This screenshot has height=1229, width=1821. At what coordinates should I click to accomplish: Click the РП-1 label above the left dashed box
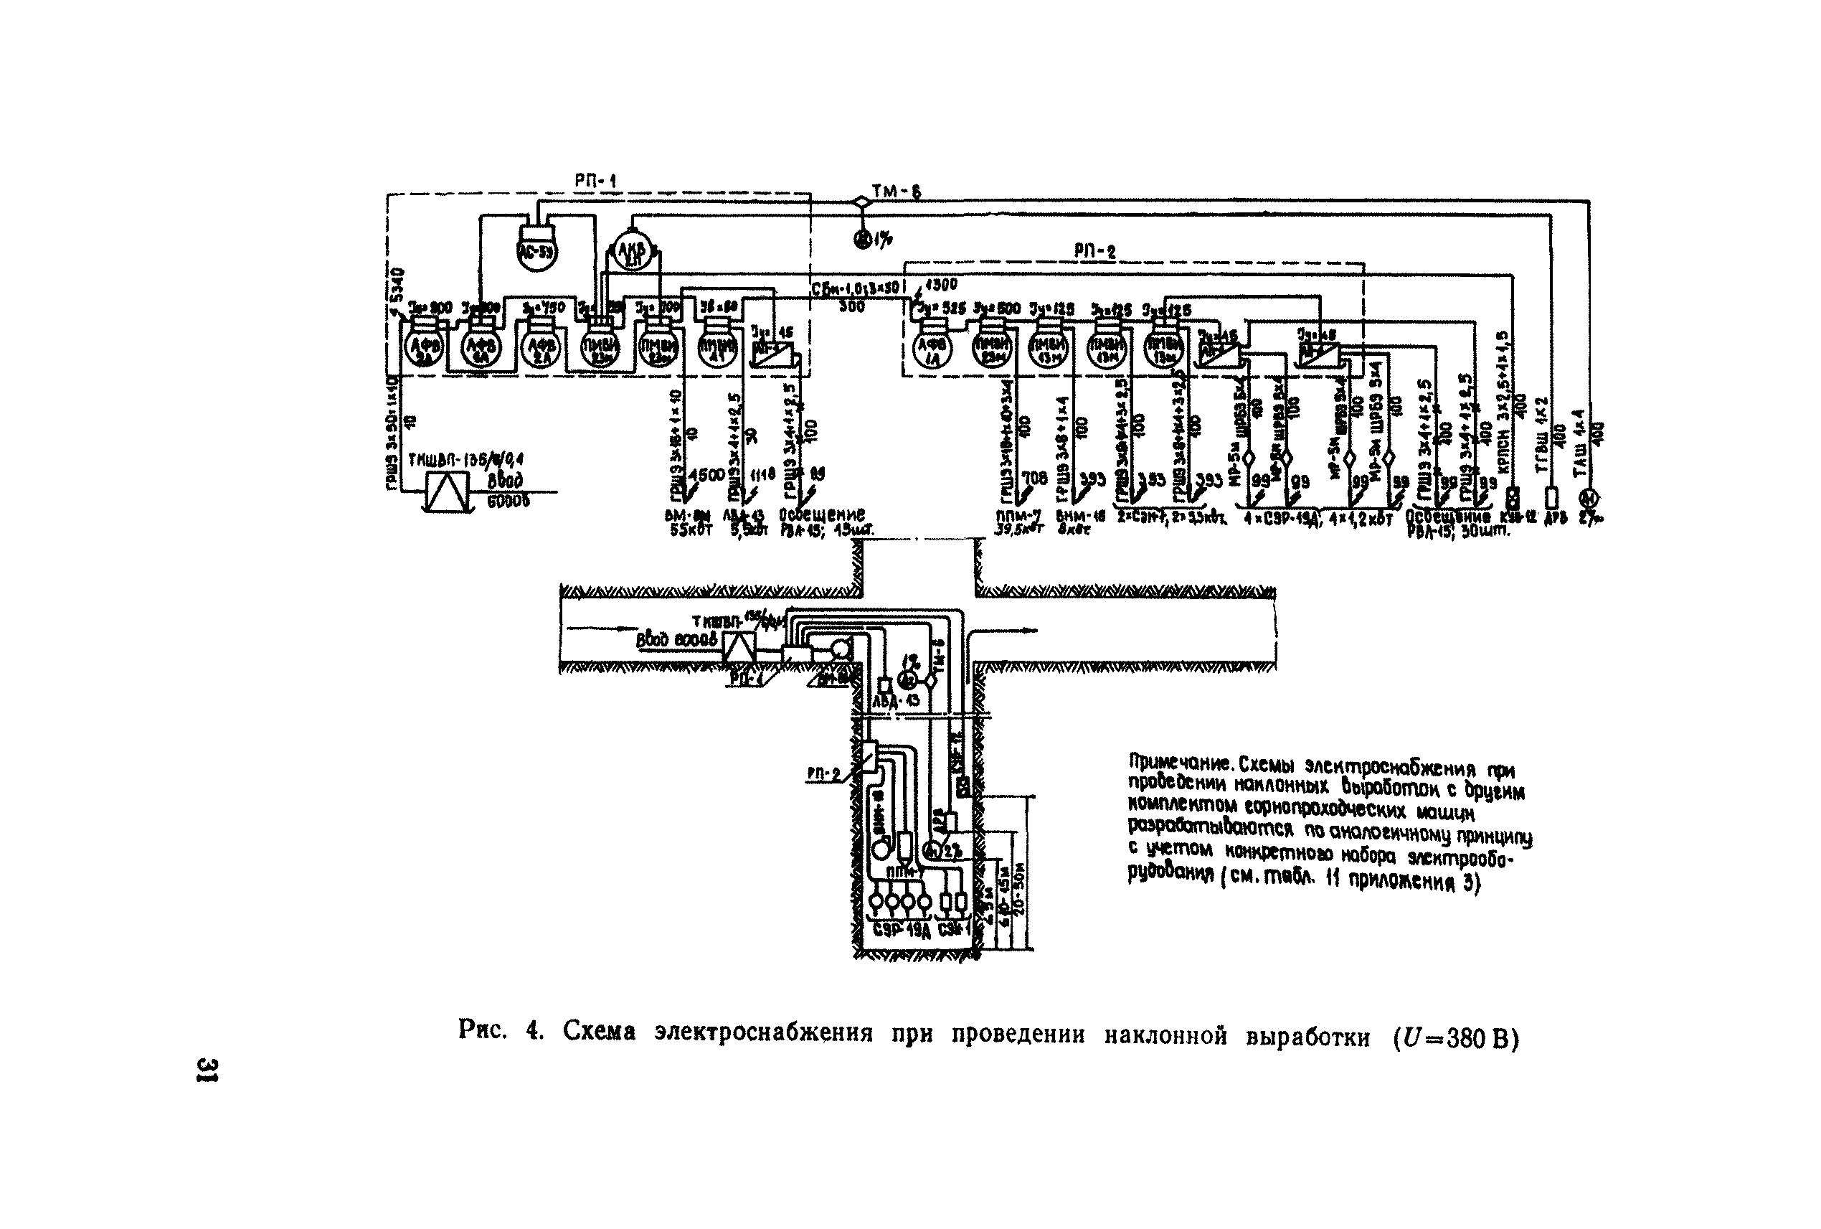point(595,181)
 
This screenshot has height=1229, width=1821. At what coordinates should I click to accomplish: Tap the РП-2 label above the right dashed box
point(1094,251)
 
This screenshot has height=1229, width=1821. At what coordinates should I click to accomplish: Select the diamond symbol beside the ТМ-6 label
point(862,202)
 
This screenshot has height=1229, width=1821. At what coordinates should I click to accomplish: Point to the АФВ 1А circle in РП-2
point(932,350)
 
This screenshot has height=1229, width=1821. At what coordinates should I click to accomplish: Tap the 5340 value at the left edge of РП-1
point(397,288)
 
